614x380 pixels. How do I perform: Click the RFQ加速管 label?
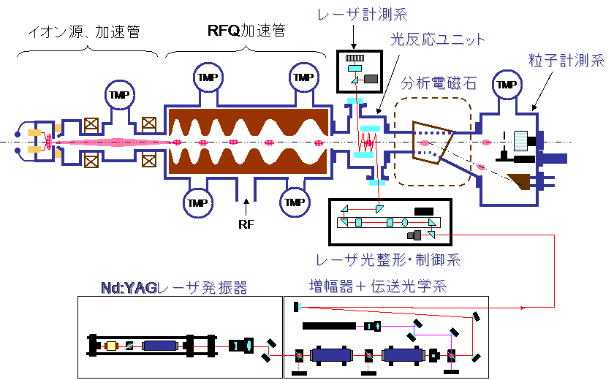(x=246, y=31)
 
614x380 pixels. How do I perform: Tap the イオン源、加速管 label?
(x=84, y=31)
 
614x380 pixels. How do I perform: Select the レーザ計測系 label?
(x=363, y=15)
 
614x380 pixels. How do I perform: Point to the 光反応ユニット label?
(x=437, y=39)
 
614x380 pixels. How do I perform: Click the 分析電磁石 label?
(x=439, y=83)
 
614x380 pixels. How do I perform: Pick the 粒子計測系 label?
(x=566, y=60)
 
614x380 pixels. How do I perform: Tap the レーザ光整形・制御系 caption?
(x=388, y=260)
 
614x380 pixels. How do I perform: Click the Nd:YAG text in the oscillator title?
(x=129, y=288)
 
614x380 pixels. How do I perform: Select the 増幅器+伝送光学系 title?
(x=378, y=286)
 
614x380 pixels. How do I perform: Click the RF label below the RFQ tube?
(x=246, y=224)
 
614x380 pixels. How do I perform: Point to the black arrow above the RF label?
(x=246, y=207)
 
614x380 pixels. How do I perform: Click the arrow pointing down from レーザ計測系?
(x=354, y=37)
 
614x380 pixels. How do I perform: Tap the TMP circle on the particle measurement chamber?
(x=507, y=84)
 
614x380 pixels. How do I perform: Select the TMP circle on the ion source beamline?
(x=120, y=95)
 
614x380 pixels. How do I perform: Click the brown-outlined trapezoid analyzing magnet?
(x=433, y=142)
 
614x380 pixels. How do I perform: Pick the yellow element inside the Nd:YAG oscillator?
(x=112, y=346)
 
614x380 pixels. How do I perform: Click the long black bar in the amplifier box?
(x=330, y=326)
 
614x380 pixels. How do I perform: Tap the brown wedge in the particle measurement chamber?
(x=520, y=180)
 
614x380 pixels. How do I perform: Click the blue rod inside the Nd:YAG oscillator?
(x=159, y=346)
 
